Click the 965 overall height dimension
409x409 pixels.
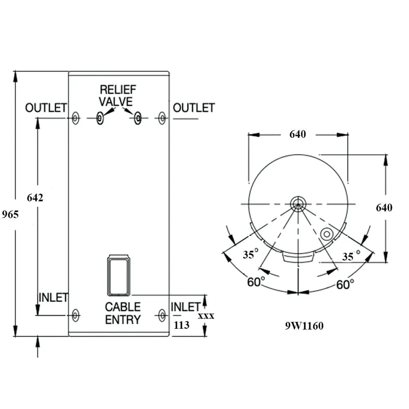(x=10, y=214)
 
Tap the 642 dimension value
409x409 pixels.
(x=35, y=198)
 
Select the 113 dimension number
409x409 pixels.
(x=182, y=325)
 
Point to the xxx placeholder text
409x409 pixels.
(x=206, y=316)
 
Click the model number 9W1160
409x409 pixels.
(x=304, y=326)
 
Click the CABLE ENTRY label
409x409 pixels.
(x=123, y=313)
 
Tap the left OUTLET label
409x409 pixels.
(x=46, y=108)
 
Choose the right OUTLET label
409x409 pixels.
(x=193, y=108)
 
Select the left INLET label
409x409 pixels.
(x=53, y=297)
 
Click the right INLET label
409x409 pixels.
(x=185, y=307)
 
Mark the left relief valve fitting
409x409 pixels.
(x=100, y=118)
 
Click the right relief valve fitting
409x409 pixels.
(x=138, y=118)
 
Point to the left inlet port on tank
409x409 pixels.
(x=75, y=315)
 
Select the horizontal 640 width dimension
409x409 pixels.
(x=298, y=134)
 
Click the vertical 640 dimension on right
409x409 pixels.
(x=384, y=208)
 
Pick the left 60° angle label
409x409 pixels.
(x=256, y=282)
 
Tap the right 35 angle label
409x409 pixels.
(x=348, y=257)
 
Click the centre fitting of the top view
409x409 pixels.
(x=298, y=203)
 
